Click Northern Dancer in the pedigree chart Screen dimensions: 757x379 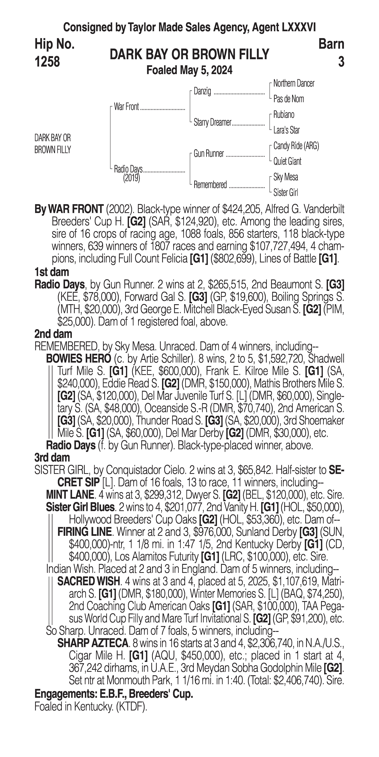[294, 83]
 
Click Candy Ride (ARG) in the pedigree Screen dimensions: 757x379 [296, 146]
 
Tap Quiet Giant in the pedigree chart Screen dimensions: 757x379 [287, 161]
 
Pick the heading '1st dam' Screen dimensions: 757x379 [52, 272]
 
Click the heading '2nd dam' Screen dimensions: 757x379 [53, 334]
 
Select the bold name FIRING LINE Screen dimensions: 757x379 [84, 532]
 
